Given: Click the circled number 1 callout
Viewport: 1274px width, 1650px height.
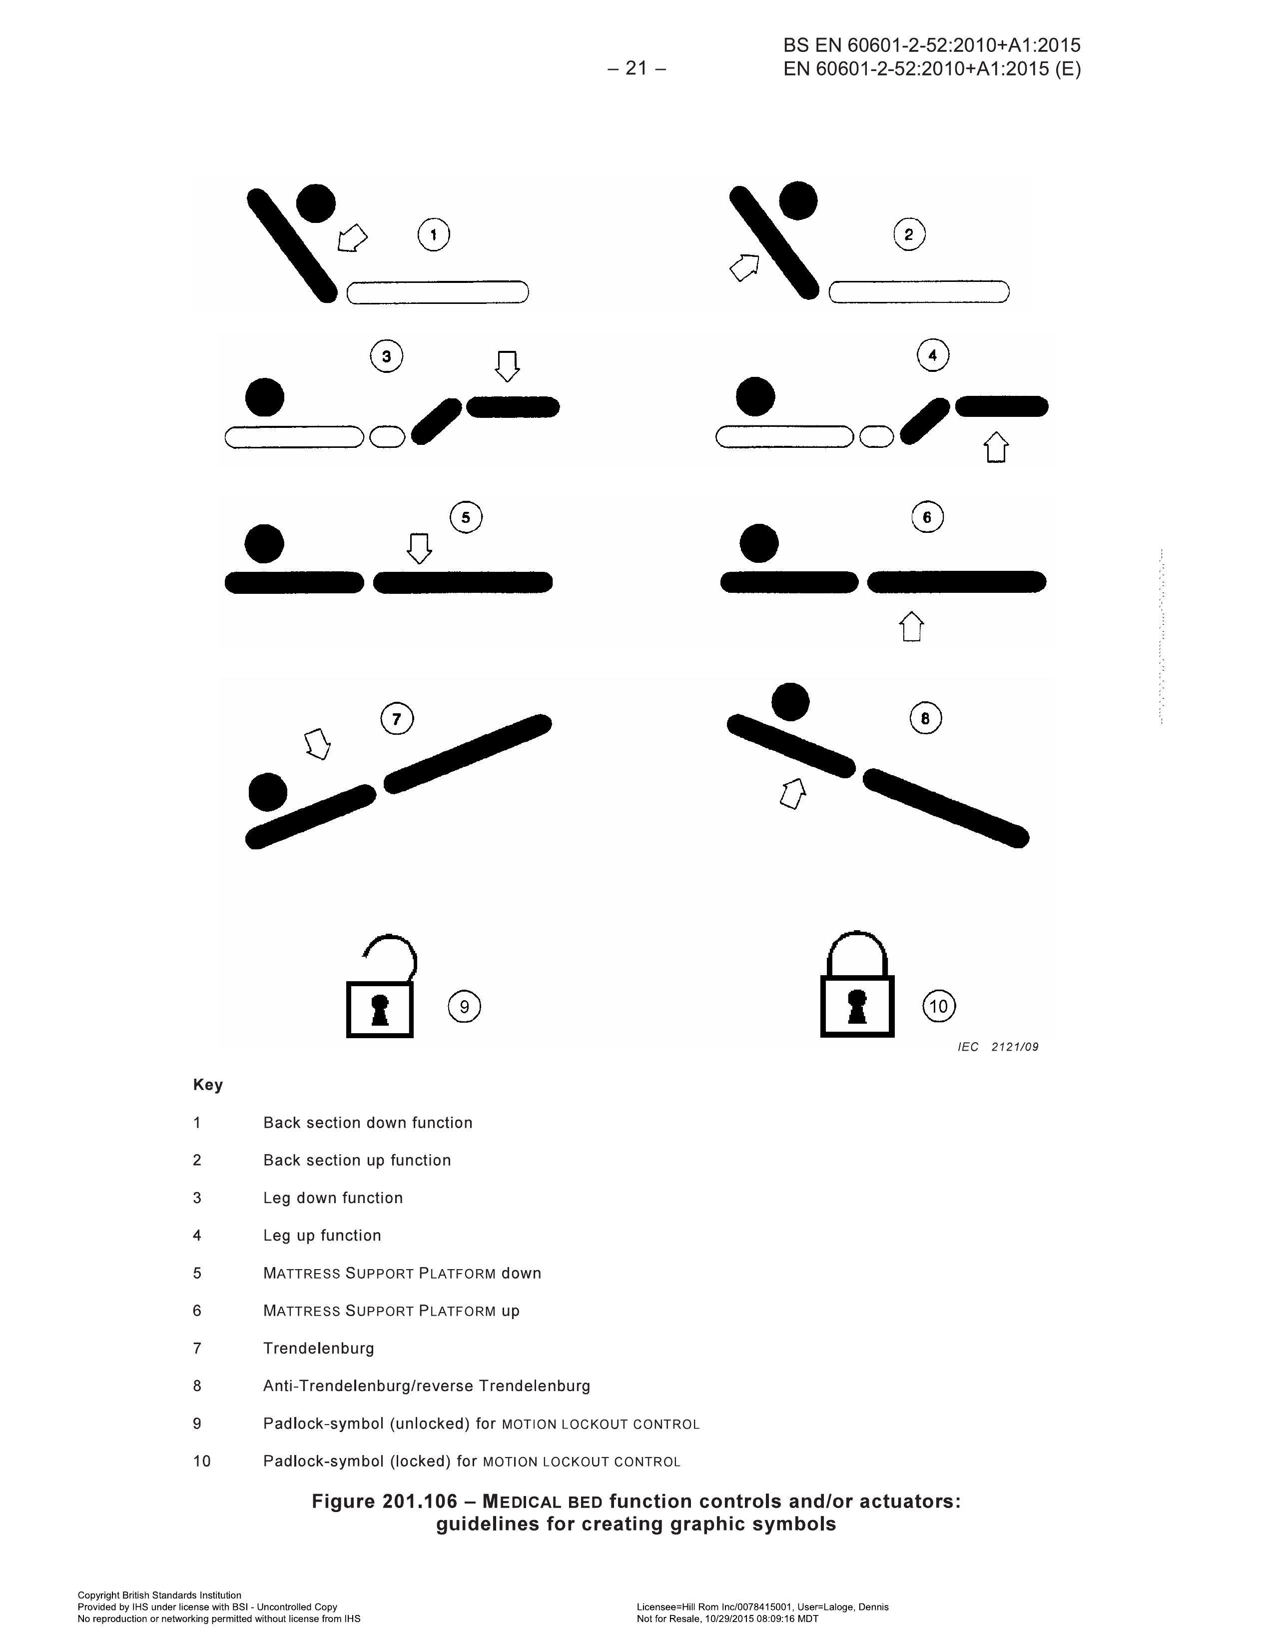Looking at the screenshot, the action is click(x=434, y=234).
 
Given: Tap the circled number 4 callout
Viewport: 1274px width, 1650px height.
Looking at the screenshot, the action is click(x=933, y=355).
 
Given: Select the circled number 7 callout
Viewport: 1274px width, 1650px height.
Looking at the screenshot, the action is click(x=397, y=718).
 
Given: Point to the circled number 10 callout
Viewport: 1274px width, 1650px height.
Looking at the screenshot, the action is click(x=939, y=1006).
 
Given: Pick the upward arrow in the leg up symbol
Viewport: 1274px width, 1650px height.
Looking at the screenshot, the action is click(x=996, y=447).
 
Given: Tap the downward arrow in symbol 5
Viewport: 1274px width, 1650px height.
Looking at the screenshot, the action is click(x=419, y=548).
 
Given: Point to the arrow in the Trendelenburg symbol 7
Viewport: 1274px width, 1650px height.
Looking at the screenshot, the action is click(x=317, y=743).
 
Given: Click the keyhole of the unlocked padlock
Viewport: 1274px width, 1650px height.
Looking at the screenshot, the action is click(x=380, y=1009).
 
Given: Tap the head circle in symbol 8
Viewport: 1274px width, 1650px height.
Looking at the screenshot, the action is click(x=790, y=702).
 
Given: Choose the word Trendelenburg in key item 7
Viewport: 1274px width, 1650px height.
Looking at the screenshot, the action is click(x=319, y=1349).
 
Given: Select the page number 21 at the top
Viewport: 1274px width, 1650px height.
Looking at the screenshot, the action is click(x=637, y=69).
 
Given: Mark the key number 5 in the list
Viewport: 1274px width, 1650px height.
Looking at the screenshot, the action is click(x=197, y=1273).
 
